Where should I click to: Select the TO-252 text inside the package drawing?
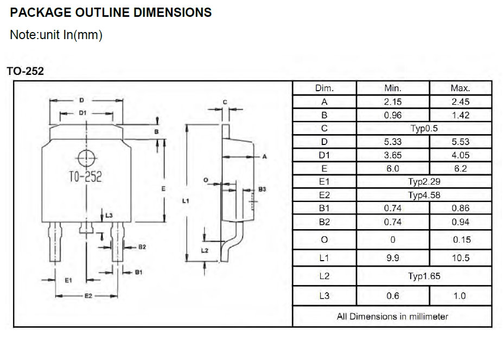(x=86, y=176)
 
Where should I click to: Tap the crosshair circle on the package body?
(x=86, y=158)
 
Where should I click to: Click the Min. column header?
(x=392, y=88)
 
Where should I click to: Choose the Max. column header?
(x=460, y=88)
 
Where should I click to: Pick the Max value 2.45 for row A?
(x=460, y=102)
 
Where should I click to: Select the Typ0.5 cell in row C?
(x=423, y=129)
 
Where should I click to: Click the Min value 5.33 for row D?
(x=392, y=142)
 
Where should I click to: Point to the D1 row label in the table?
(x=324, y=155)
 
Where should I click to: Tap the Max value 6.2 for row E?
(x=460, y=168)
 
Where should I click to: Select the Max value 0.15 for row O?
(x=460, y=239)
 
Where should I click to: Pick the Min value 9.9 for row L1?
(x=392, y=258)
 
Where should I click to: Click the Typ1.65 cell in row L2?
(x=423, y=276)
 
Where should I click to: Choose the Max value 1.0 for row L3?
(x=460, y=296)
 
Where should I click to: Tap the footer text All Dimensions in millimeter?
(x=392, y=316)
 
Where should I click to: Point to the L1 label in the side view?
(x=186, y=201)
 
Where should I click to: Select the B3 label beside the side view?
(x=262, y=189)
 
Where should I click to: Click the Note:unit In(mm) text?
(x=56, y=35)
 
